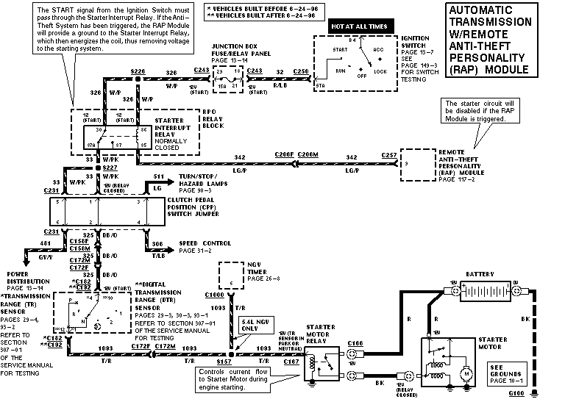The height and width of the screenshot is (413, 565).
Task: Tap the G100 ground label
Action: (x=518, y=393)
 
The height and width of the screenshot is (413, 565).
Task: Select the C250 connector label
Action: (x=300, y=71)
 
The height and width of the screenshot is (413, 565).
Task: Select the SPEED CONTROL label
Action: (x=205, y=243)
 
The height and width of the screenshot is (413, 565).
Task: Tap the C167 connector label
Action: (x=291, y=362)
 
